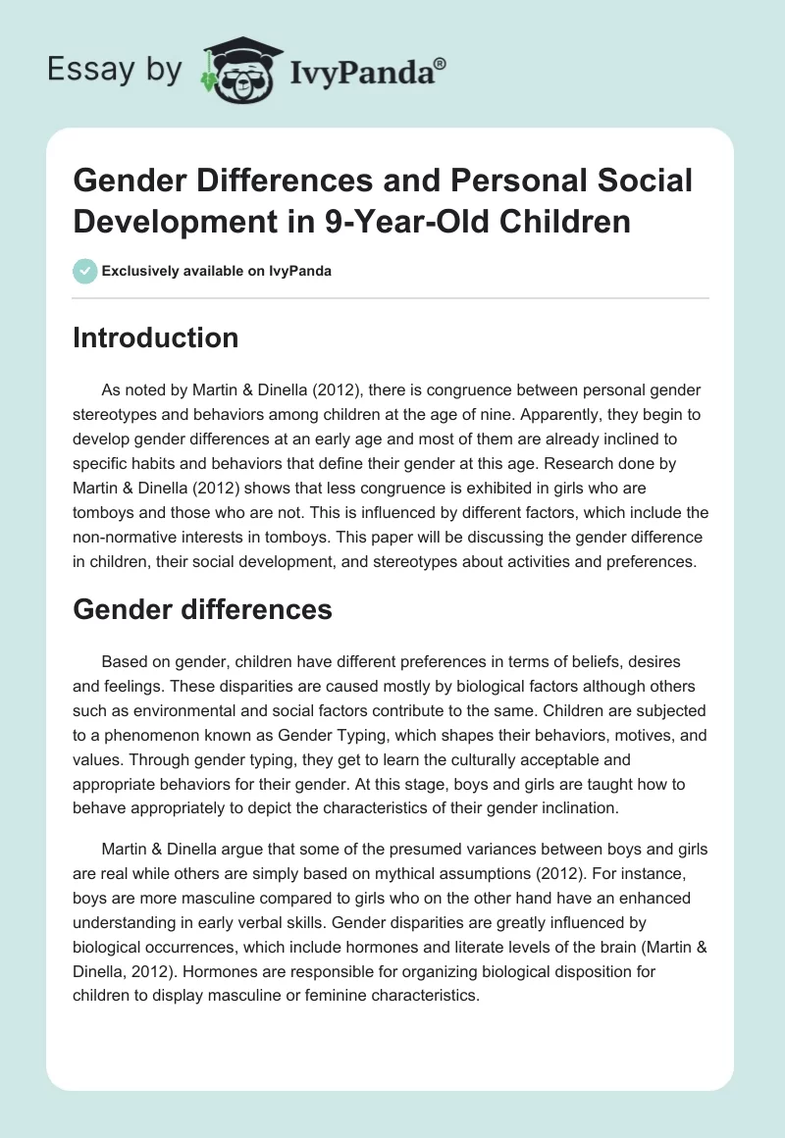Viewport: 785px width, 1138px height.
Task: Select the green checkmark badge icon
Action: pyautogui.click(x=84, y=271)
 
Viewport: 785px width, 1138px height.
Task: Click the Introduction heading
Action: pyautogui.click(x=156, y=338)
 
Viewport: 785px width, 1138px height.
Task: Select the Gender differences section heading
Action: pyautogui.click(x=203, y=610)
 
